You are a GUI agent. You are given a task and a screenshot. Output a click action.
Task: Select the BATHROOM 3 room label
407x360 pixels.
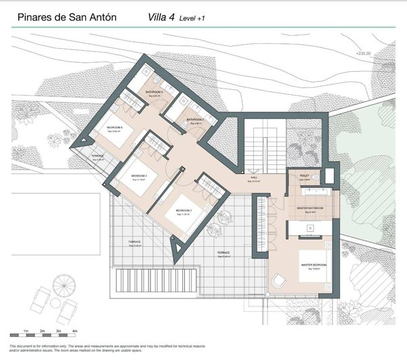154,91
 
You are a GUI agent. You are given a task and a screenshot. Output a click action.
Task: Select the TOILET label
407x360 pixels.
304,176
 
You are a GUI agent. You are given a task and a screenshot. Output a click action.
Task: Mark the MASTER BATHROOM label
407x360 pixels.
309,208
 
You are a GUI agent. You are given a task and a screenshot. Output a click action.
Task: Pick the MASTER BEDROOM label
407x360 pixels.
314,264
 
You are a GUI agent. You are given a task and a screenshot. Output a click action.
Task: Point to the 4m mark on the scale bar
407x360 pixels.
75,332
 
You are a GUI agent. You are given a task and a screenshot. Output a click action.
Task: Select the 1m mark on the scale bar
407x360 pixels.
25,332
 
